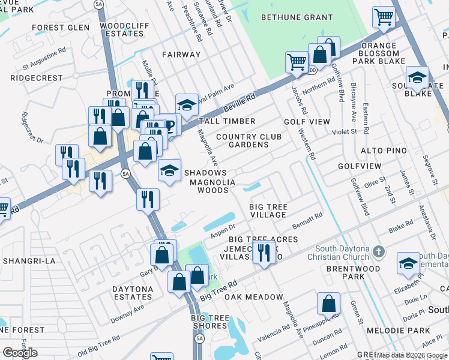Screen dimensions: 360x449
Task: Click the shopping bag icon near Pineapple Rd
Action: (x=328, y=304)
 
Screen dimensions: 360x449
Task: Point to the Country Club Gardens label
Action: (x=249, y=140)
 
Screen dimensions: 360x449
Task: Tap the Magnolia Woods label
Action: (x=209, y=186)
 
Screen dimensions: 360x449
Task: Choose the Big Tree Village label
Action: (x=268, y=211)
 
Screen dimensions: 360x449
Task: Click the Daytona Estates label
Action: (x=132, y=293)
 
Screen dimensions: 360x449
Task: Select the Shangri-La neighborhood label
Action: (x=29, y=261)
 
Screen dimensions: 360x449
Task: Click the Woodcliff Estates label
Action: (x=122, y=29)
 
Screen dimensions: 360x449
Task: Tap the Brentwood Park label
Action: (x=354, y=273)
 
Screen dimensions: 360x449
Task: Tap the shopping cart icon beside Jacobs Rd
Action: (x=297, y=62)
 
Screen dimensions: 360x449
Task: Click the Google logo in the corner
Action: (x=20, y=353)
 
